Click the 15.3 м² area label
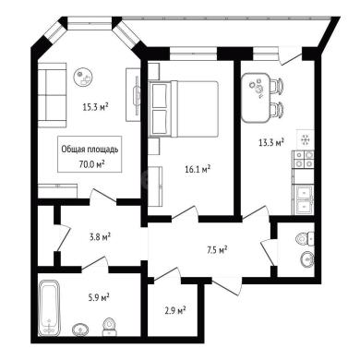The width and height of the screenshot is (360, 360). (x=95, y=107)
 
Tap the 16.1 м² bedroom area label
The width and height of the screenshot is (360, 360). (x=198, y=169)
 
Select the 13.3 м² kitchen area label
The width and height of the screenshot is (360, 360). (x=270, y=142)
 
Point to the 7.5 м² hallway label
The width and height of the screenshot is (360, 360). (x=217, y=250)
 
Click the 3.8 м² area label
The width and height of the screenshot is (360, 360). (x=100, y=237)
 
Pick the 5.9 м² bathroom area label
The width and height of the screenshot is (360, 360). (x=99, y=297)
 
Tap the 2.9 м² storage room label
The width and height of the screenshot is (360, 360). (x=175, y=310)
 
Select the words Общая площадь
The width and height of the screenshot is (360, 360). (x=90, y=150)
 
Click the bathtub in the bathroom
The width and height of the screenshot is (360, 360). (x=49, y=307)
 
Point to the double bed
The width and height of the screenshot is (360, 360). (x=184, y=109)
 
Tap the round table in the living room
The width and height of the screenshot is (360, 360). (x=83, y=77)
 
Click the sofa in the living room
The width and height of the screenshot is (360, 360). (x=52, y=95)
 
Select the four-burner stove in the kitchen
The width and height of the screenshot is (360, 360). (x=304, y=160)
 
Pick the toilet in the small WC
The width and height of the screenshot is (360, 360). (x=306, y=239)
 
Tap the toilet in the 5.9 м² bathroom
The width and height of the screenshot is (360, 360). (x=108, y=327)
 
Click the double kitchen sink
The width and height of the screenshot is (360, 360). (x=304, y=199)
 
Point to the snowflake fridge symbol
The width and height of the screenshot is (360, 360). (x=306, y=139)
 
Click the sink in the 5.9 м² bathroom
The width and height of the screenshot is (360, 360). (x=81, y=330)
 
